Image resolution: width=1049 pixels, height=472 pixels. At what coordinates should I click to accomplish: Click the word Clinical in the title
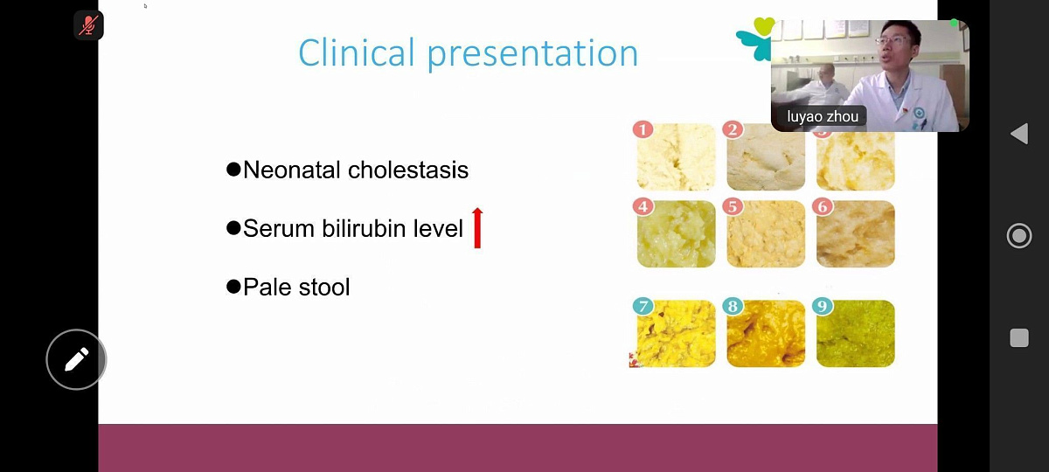click(x=357, y=52)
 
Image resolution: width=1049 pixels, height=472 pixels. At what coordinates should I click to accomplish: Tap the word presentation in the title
click(x=533, y=54)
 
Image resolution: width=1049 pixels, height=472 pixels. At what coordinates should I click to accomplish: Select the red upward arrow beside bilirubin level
click(x=477, y=227)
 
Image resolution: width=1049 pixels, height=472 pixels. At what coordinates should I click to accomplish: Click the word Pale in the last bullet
click(x=267, y=287)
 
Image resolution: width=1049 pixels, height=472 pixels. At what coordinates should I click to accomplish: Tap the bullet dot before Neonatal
click(x=233, y=169)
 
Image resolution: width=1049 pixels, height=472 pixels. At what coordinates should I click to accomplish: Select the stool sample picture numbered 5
click(x=766, y=234)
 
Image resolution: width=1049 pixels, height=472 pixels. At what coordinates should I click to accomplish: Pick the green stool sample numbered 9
click(x=856, y=333)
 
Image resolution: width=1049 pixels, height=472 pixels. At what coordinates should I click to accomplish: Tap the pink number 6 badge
click(x=823, y=206)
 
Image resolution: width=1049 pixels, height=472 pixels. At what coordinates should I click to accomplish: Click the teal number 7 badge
click(x=643, y=306)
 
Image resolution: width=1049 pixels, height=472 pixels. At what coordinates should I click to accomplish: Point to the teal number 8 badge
click(x=733, y=306)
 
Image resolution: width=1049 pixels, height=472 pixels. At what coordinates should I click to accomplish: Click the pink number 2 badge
click(x=733, y=129)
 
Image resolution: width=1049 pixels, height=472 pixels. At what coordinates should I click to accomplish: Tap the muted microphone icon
click(x=88, y=24)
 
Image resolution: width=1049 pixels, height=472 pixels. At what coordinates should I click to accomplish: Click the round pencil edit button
click(x=76, y=359)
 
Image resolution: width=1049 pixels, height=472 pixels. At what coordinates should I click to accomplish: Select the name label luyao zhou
click(x=823, y=116)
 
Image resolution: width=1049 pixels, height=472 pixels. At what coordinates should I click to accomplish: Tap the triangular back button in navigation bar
click(x=1019, y=134)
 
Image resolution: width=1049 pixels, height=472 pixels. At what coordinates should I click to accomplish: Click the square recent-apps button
click(x=1019, y=337)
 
